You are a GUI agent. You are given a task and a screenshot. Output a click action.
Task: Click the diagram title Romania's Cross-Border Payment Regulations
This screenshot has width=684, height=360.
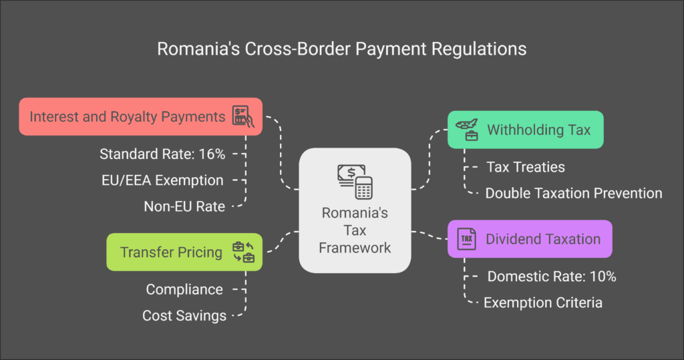(341, 49)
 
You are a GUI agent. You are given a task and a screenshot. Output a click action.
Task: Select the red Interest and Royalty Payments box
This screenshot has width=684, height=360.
(140, 116)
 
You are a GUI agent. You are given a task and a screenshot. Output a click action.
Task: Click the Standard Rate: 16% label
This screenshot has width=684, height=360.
(162, 154)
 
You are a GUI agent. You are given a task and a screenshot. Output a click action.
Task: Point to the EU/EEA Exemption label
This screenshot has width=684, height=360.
(162, 180)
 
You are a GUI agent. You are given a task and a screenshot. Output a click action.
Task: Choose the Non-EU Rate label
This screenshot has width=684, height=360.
(184, 206)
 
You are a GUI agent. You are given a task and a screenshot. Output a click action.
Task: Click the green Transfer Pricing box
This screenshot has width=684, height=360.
(184, 252)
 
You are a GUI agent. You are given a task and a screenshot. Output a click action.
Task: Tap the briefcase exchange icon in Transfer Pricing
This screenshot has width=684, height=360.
(243, 252)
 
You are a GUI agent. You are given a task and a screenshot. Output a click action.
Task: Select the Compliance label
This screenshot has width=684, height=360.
(184, 289)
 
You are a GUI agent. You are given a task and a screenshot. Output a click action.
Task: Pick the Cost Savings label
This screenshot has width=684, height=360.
(184, 315)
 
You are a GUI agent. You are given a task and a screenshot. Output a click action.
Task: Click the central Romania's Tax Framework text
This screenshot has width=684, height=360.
(355, 230)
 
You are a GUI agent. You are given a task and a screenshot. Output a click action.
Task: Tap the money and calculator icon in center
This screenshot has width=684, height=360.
(355, 182)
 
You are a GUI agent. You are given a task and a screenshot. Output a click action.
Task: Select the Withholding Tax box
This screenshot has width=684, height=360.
(526, 130)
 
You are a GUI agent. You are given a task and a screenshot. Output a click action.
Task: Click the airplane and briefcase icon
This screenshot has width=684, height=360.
(467, 130)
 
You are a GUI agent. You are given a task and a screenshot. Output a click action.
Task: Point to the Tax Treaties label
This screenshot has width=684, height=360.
(526, 167)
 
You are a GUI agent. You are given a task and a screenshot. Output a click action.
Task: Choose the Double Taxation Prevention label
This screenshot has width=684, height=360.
(574, 193)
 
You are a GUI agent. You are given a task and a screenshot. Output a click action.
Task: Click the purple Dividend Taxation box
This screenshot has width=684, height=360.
(530, 238)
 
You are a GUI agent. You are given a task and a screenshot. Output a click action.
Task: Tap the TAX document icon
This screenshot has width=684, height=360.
(466, 239)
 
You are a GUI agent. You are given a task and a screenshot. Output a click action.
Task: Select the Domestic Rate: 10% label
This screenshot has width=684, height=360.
(552, 277)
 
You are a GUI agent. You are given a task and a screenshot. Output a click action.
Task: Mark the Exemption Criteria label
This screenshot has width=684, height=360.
(543, 303)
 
